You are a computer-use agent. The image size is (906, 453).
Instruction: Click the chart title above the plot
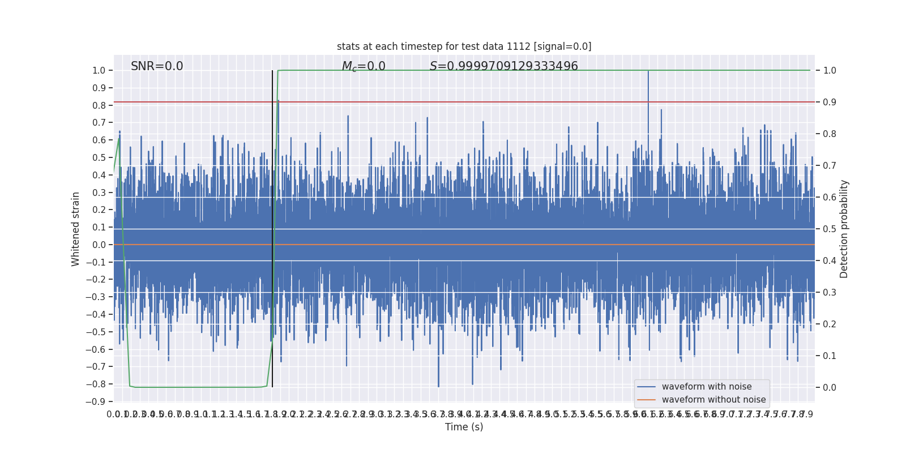[x=464, y=46]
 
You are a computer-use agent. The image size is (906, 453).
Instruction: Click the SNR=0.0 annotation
[x=157, y=66]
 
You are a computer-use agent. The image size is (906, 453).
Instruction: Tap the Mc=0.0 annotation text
[x=364, y=66]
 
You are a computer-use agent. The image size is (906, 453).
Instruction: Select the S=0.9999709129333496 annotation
[x=503, y=66]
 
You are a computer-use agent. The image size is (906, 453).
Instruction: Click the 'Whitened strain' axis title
[x=76, y=229]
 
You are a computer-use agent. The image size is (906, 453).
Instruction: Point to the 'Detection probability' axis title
[x=844, y=229]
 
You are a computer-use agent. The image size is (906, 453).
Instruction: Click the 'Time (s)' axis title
[x=464, y=427]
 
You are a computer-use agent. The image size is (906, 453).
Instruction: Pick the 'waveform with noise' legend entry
[x=706, y=387]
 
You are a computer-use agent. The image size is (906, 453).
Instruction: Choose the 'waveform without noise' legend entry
[x=713, y=400]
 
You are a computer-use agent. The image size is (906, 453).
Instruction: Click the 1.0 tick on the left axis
[x=99, y=71]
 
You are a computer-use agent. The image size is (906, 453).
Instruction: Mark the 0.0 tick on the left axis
[x=99, y=245]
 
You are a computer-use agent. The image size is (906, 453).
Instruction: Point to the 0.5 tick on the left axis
[x=99, y=158]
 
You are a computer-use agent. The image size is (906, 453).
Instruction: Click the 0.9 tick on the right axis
[x=830, y=102]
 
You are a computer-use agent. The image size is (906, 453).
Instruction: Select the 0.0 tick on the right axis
[x=830, y=388]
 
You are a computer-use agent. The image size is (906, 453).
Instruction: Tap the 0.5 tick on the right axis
[x=830, y=229]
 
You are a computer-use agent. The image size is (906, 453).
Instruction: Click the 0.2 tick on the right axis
[x=830, y=324]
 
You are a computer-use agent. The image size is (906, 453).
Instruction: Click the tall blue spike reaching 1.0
[x=648, y=85]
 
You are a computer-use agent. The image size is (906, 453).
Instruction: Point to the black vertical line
[x=272, y=226]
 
